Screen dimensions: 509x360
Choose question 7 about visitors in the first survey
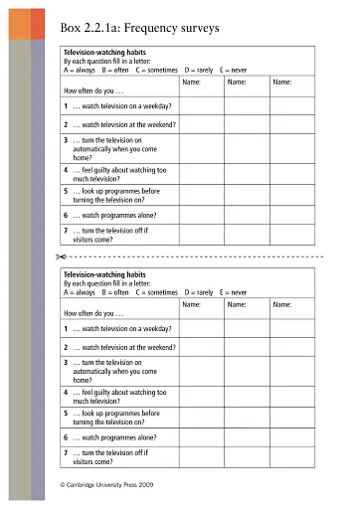(x=109, y=235)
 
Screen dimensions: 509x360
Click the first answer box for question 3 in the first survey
(x=202, y=148)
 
